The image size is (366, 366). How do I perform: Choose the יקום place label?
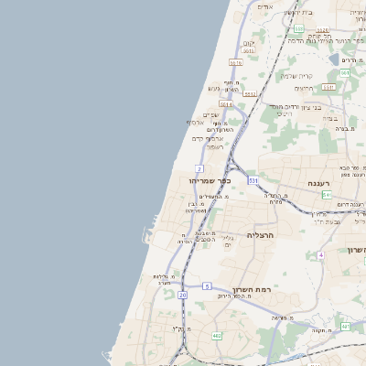point(249,42)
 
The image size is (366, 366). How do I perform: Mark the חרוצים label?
point(304,88)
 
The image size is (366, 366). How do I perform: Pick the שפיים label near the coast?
point(210,114)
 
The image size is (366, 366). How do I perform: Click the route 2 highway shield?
point(199,168)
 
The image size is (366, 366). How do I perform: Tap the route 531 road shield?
point(253,180)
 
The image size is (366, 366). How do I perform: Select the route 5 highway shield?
point(207,286)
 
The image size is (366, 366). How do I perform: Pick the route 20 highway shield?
point(182,296)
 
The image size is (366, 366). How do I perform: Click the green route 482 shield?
point(217,337)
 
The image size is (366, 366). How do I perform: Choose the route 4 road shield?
point(321,254)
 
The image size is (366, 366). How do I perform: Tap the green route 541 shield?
point(327,195)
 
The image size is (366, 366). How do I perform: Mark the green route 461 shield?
point(345,327)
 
